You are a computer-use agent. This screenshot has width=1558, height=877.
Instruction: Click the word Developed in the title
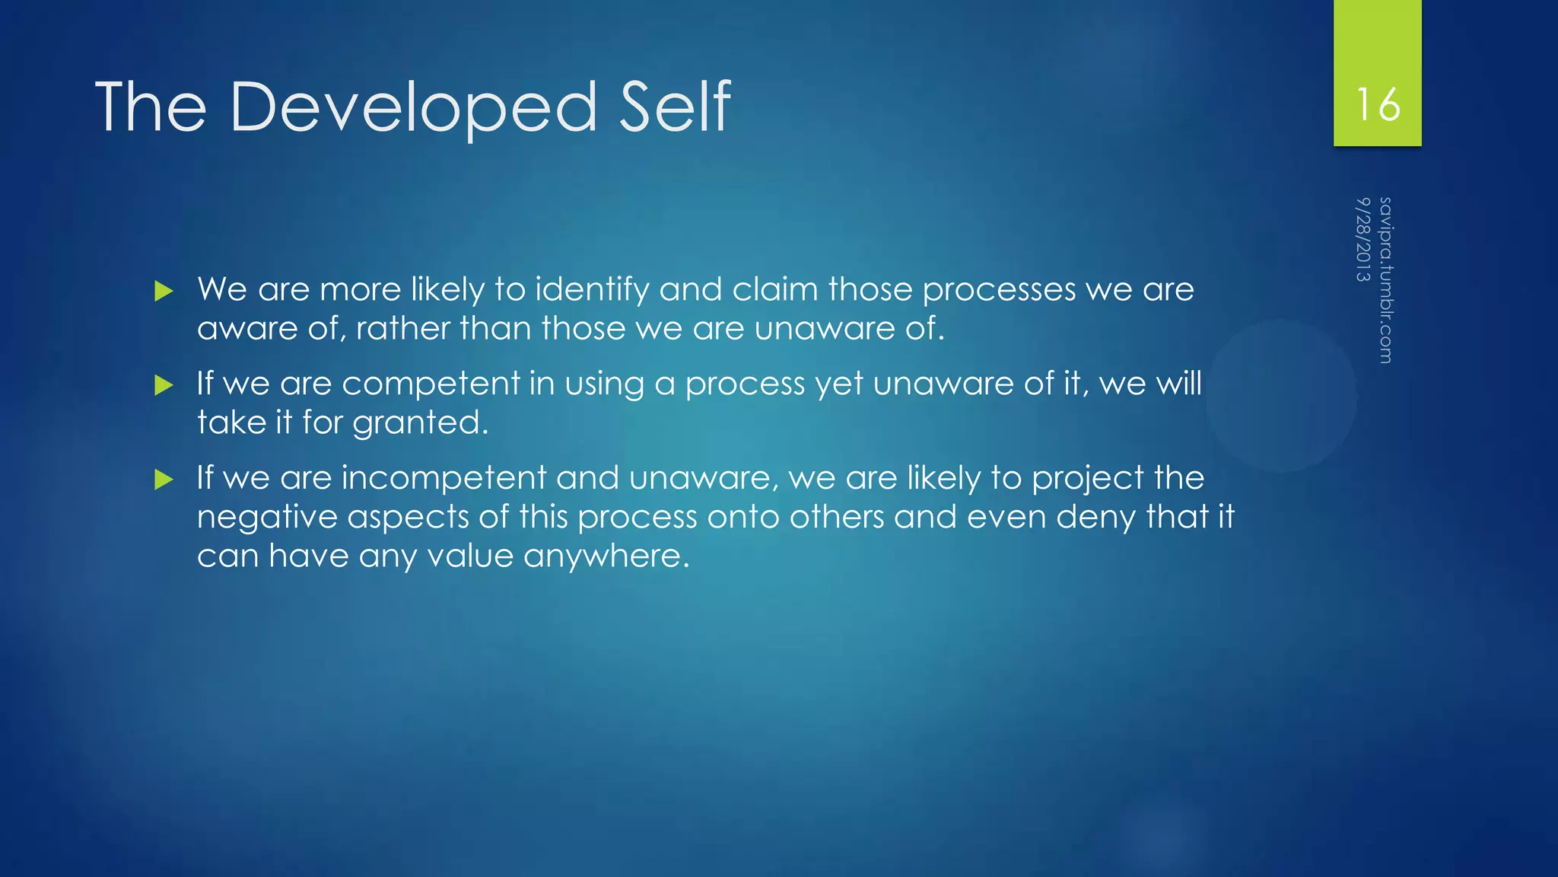[x=413, y=108]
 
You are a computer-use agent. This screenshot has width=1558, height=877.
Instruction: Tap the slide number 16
[x=1378, y=104]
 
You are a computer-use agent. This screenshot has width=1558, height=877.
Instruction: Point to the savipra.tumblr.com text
[x=1385, y=280]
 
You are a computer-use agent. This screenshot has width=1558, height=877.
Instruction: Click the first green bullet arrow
[x=164, y=291]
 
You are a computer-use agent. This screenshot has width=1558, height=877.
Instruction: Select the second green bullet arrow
[x=164, y=385]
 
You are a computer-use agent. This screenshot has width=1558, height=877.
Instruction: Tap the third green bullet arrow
[x=164, y=480]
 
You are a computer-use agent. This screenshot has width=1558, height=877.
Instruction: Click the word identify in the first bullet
[x=592, y=290]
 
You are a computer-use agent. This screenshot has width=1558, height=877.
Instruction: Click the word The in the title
[x=151, y=108]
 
